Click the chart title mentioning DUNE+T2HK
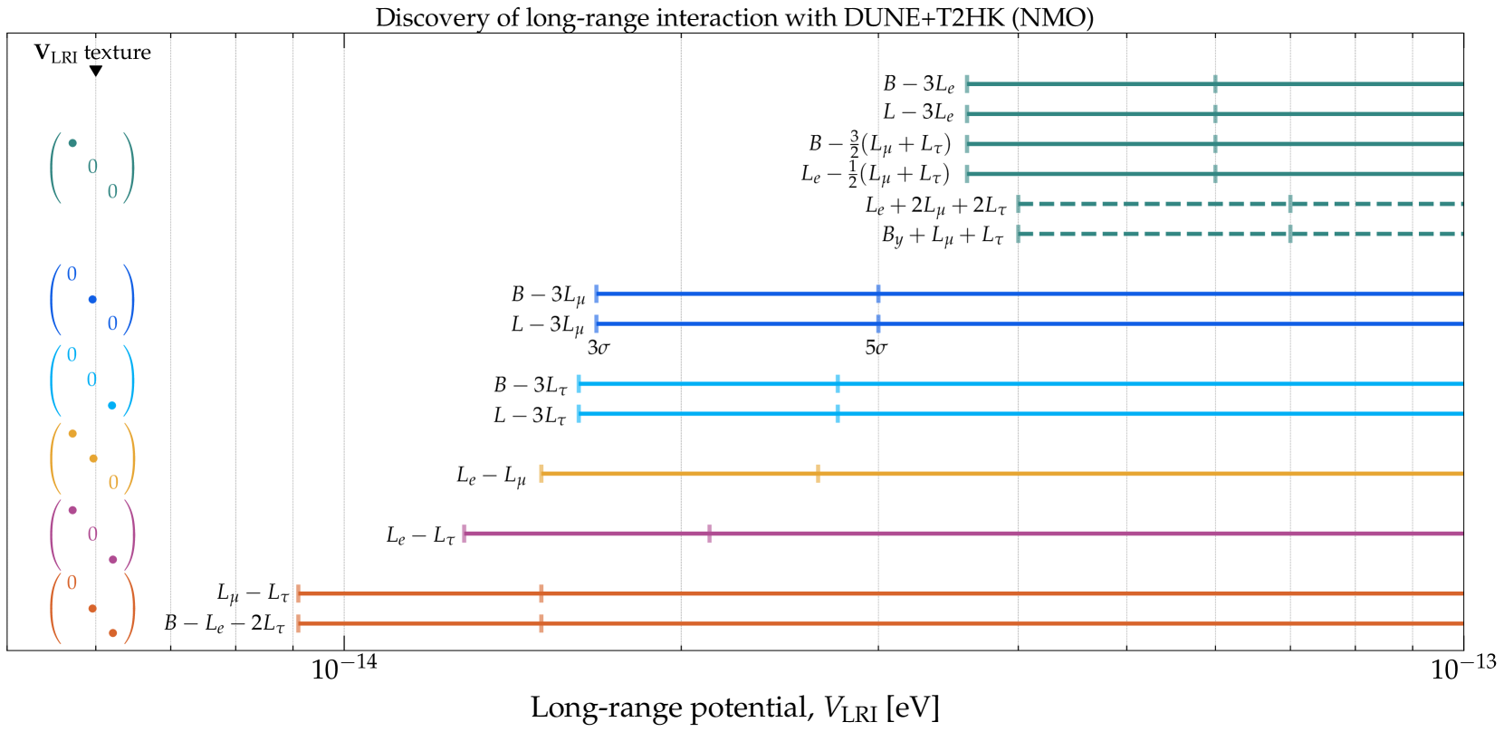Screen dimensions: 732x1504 pyautogui.click(x=734, y=17)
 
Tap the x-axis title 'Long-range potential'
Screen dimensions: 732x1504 pyautogui.click(x=734, y=708)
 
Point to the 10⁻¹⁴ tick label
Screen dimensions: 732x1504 pyautogui.click(x=344, y=669)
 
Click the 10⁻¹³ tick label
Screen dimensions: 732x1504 pyautogui.click(x=1463, y=669)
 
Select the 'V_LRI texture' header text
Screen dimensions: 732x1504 pyautogui.click(x=92, y=53)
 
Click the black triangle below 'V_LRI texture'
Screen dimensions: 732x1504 pyautogui.click(x=95, y=71)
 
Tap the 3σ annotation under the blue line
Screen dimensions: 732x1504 pyautogui.click(x=599, y=348)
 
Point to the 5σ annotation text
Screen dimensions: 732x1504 pyautogui.click(x=876, y=348)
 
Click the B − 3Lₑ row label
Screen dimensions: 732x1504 pyautogui.click(x=918, y=84)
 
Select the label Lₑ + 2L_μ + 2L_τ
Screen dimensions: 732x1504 pyautogui.click(x=935, y=206)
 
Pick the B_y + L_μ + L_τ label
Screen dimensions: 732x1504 pyautogui.click(x=943, y=236)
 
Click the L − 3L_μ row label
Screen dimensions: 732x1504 pyautogui.click(x=547, y=324)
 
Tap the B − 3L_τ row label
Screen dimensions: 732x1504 pyautogui.click(x=530, y=385)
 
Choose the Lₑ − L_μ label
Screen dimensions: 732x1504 pyautogui.click(x=491, y=476)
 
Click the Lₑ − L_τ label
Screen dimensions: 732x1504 pyautogui.click(x=420, y=535)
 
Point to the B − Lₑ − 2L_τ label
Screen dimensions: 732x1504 pyautogui.click(x=225, y=623)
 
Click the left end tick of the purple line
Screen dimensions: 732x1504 pyautogui.click(x=465, y=534)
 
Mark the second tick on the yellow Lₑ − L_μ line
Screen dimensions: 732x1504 pyautogui.click(x=818, y=474)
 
